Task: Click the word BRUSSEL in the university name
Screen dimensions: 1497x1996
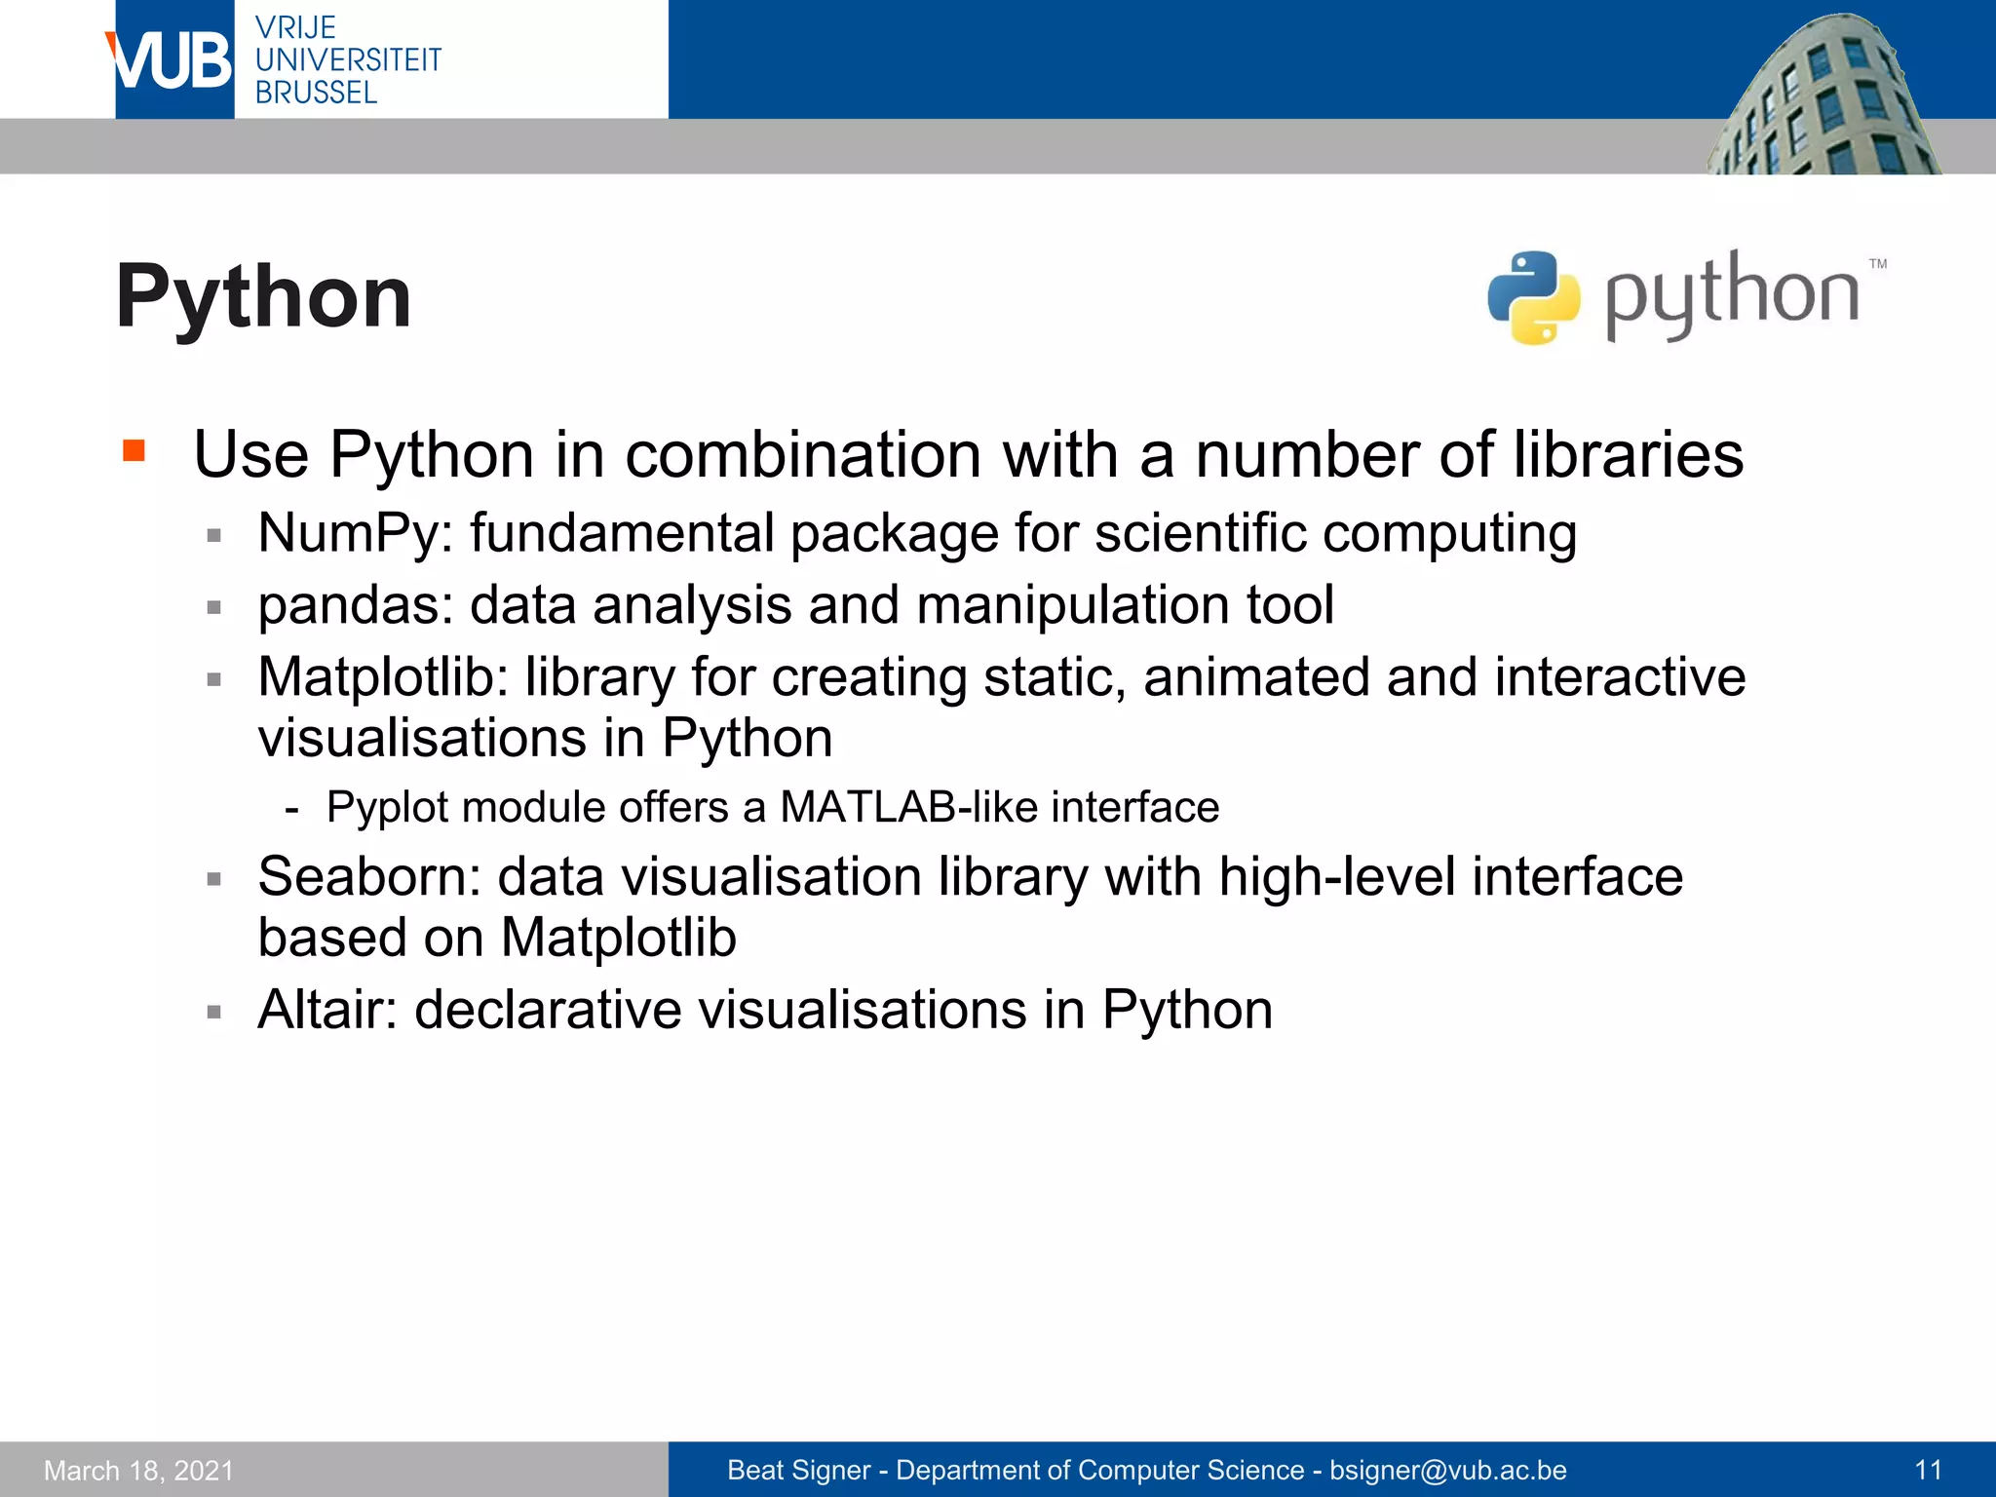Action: point(316,94)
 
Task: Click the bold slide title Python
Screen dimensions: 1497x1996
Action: point(263,297)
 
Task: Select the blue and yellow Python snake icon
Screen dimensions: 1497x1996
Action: point(1533,298)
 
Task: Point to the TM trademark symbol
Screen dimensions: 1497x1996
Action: point(1878,264)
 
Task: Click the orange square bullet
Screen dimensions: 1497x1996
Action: point(134,450)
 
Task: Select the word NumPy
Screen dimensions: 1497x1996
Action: point(349,534)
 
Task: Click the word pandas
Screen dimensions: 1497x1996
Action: point(349,605)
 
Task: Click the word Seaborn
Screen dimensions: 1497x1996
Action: point(367,877)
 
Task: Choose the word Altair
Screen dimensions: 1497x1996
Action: point(326,1010)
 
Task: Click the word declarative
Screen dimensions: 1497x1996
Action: point(548,1010)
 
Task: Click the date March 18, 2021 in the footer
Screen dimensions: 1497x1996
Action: point(139,1471)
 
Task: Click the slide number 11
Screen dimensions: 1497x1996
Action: point(1928,1470)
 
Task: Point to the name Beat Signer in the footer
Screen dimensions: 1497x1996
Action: point(798,1470)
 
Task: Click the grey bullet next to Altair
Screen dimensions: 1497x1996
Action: point(214,1013)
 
